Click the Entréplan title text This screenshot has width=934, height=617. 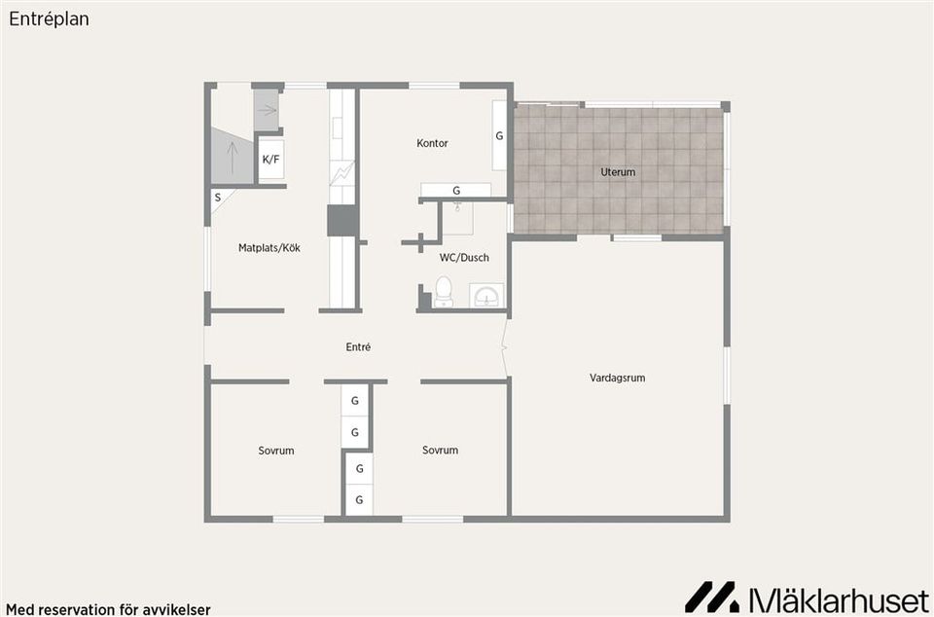pos(49,19)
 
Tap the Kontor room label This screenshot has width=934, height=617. pos(432,143)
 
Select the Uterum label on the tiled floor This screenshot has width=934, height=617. pos(618,172)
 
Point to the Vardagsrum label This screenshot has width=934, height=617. pos(617,378)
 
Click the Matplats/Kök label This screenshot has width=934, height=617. pos(269,248)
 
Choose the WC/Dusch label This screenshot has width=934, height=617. pos(464,257)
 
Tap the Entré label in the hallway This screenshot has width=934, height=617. pos(358,346)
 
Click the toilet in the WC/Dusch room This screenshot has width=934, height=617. pos(444,292)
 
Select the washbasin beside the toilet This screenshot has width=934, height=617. pos(486,296)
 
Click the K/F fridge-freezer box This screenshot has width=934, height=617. pos(271,160)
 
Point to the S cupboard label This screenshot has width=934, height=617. pos(217,198)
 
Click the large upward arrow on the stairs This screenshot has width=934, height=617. pos(233,157)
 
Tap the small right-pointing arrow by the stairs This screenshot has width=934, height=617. pos(268,110)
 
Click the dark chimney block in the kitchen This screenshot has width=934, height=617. pos(342,220)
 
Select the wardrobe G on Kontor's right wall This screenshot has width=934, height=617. pos(499,135)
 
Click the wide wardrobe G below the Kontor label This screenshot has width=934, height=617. pos(456,191)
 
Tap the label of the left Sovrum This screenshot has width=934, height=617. pos(275,451)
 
